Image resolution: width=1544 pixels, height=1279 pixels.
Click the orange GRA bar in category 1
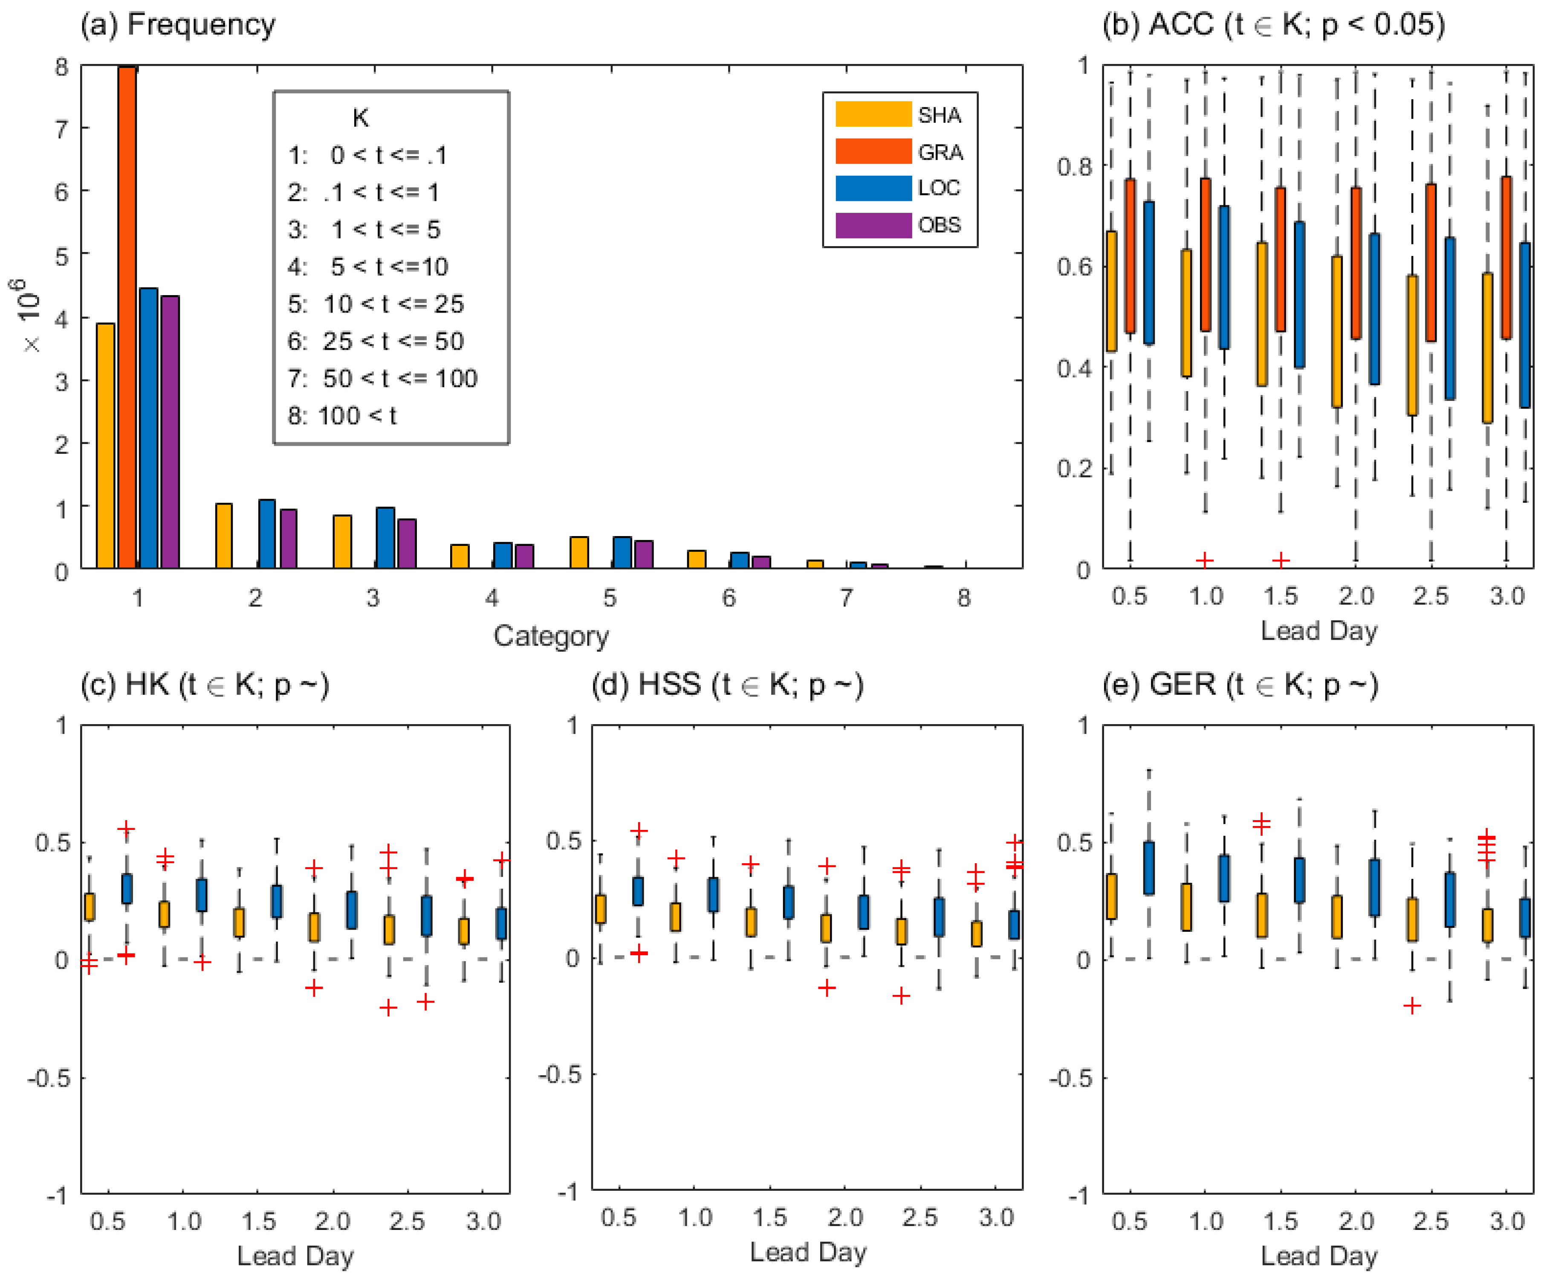(127, 316)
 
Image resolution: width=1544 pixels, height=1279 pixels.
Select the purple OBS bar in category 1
(170, 432)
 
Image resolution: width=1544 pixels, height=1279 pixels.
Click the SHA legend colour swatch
(873, 115)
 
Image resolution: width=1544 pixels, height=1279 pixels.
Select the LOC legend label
(939, 188)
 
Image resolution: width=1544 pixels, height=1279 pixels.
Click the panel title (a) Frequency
(178, 24)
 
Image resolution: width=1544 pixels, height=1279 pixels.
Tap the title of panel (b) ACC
(1273, 24)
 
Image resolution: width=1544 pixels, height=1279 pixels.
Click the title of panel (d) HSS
(727, 685)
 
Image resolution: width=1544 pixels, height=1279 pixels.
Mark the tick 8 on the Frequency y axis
(62, 67)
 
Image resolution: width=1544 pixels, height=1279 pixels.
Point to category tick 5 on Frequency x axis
(610, 598)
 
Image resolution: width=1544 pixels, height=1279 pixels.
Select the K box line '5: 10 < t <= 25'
(376, 304)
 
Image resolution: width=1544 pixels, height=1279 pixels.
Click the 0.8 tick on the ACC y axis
(1074, 167)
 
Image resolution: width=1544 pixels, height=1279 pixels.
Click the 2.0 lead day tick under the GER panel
(1356, 1221)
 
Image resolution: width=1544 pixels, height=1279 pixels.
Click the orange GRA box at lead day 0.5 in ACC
(1130, 256)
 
